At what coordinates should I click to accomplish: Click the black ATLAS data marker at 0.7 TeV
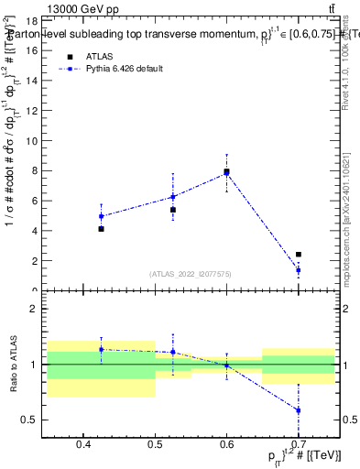click(299, 255)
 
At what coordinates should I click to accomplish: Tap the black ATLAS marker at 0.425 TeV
click(101, 229)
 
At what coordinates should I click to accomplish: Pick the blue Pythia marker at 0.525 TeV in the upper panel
click(172, 197)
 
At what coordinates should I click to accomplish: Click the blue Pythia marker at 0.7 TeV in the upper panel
click(299, 270)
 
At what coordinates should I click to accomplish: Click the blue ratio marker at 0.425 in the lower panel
click(101, 349)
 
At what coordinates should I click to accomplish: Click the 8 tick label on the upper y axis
click(33, 170)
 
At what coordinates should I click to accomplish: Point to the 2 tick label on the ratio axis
click(33, 310)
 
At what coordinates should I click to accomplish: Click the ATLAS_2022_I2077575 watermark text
click(191, 274)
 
